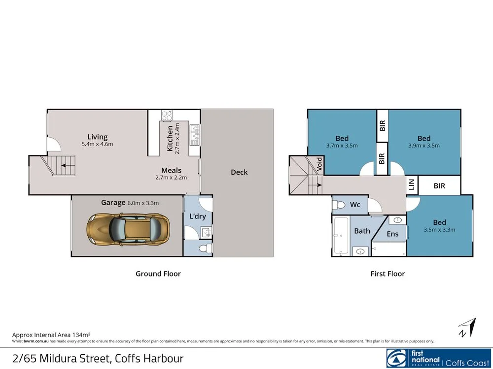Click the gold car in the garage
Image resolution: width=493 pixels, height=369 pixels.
128,230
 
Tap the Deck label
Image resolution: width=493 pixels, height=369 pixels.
239,172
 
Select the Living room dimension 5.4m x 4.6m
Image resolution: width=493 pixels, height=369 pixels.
97,145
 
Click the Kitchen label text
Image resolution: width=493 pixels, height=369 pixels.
170,138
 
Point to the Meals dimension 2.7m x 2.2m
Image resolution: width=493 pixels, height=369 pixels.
171,178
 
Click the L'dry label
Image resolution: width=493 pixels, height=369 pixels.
197,216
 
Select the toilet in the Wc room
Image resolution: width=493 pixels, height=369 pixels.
339,204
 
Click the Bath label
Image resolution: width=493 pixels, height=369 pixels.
362,231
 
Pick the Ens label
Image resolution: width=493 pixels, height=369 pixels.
392,234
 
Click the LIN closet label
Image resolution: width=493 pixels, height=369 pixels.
412,185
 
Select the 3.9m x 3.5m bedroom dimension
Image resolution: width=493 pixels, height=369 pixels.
424,146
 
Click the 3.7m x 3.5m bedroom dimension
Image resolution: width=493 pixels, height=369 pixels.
342,146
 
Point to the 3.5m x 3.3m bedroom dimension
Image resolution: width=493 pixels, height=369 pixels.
439,230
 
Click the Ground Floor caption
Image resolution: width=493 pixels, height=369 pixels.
158,274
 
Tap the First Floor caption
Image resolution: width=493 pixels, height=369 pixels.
387,274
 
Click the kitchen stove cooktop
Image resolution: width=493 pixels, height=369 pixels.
167,116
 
